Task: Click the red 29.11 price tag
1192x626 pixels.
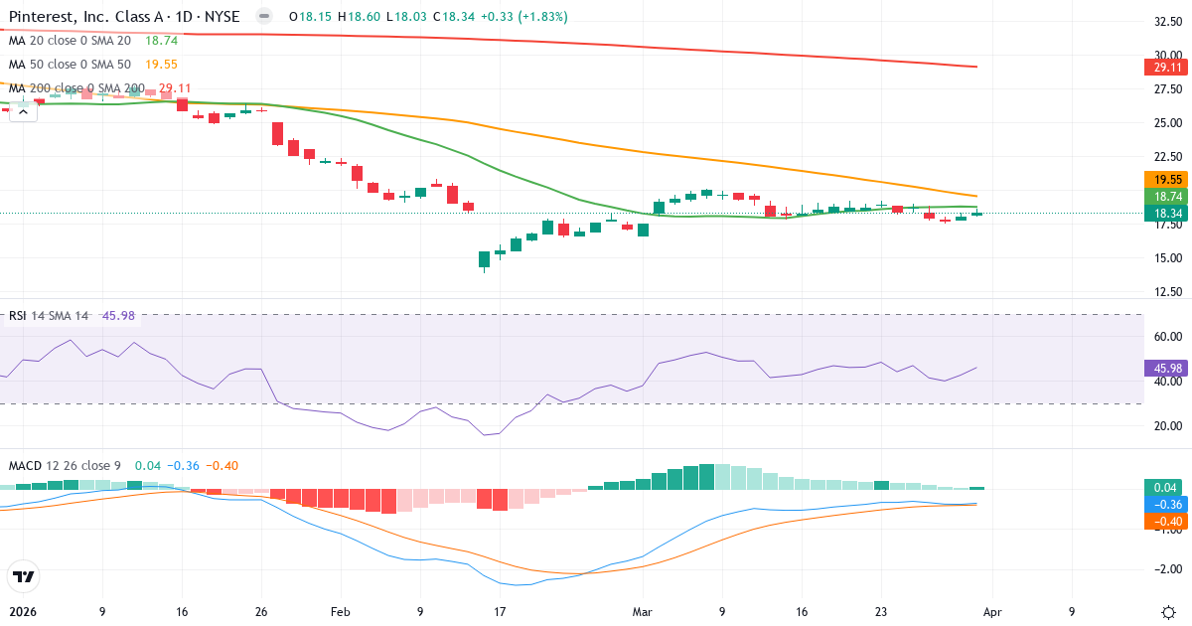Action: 1164,68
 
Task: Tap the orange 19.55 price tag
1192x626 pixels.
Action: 1164,180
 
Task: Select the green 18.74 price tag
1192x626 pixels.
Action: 1164,197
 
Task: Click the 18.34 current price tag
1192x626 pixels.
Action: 1164,214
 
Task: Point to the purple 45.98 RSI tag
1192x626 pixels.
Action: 1164,368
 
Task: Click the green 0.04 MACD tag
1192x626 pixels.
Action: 1164,487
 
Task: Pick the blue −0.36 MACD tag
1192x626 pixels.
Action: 1164,504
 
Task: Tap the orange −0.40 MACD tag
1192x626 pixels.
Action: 1164,521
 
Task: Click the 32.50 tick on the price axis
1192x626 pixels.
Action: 1167,22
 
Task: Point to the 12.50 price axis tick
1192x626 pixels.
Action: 1167,292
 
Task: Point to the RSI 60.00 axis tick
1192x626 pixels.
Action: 1167,337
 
